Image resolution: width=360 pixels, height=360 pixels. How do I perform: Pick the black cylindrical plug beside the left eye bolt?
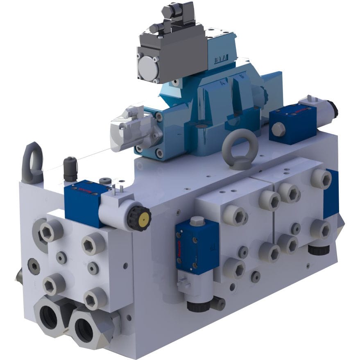click(x=70, y=168)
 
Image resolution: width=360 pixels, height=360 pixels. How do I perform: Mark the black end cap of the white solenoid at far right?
click(x=334, y=108)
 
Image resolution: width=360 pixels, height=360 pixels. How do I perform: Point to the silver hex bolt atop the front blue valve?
click(x=197, y=222)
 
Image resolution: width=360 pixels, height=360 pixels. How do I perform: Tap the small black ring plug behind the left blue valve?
click(x=106, y=180)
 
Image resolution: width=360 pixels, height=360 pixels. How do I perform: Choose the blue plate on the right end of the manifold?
click(x=331, y=195)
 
